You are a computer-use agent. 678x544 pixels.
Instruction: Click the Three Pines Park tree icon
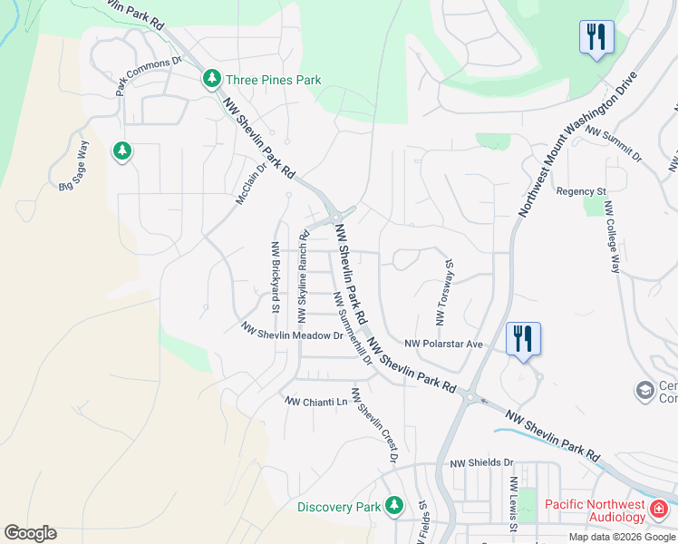click(212, 80)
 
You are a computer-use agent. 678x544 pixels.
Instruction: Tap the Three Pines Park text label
click(274, 81)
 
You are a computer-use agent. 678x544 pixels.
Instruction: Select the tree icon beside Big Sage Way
click(122, 151)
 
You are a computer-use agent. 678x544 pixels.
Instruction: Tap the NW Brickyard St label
click(274, 277)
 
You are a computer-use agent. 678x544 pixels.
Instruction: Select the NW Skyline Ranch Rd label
click(304, 277)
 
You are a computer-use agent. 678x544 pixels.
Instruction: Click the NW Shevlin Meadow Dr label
click(291, 331)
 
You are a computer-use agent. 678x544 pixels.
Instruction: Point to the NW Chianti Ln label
click(316, 401)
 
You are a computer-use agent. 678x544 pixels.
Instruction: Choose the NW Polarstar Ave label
click(443, 345)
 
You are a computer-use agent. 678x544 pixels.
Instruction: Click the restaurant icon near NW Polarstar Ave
click(523, 339)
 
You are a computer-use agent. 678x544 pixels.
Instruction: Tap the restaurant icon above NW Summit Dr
click(596, 37)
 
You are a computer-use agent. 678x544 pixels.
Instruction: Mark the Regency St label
click(581, 191)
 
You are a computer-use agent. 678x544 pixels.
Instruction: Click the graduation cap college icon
click(645, 390)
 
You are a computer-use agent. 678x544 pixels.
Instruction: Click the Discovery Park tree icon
click(394, 505)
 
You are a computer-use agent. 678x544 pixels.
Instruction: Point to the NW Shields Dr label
click(482, 462)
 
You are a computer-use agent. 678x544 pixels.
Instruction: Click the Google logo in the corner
click(30, 533)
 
